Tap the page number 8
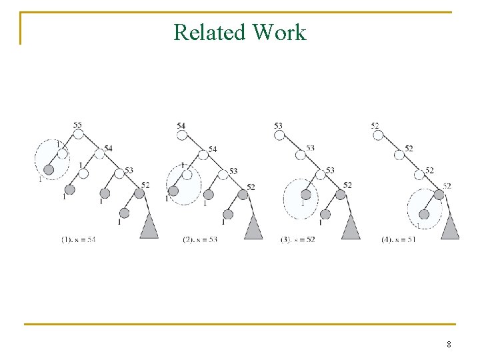[x=449, y=345]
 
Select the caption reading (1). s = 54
[x=78, y=239]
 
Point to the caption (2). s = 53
[x=200, y=239]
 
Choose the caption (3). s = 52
[x=297, y=239]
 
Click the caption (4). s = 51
[x=398, y=239]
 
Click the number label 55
[x=77, y=125]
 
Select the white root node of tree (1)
[x=78, y=135]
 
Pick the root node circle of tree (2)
[x=182, y=135]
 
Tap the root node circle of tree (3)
[x=279, y=135]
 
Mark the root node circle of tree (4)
[x=378, y=135]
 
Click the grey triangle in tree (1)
[x=149, y=227]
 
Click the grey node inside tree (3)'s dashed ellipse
[x=306, y=195]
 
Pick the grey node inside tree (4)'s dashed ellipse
[x=423, y=214]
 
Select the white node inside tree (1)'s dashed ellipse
[x=63, y=154]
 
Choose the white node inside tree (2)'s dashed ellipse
[x=187, y=175]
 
